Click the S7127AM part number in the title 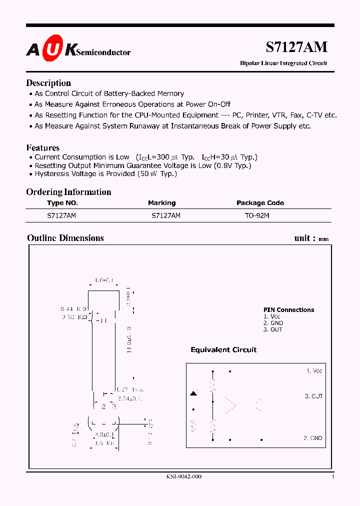[x=296, y=47]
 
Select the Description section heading [x=48, y=83]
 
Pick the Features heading [x=42, y=147]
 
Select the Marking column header [x=161, y=203]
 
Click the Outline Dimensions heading [x=65, y=238]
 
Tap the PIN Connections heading [x=288, y=310]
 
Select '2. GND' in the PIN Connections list [x=273, y=323]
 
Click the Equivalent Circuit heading [x=223, y=350]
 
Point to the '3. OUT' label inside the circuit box [x=313, y=396]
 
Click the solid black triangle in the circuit [x=193, y=394]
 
